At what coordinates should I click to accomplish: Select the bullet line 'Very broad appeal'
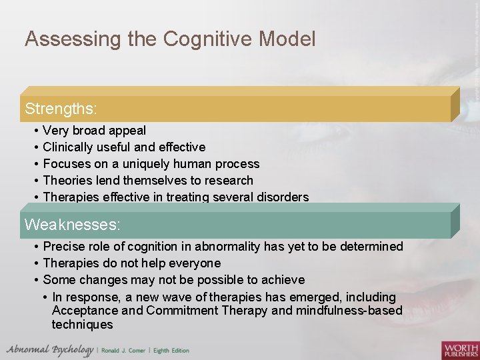tap(94, 131)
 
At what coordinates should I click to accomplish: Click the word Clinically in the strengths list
tap(69, 147)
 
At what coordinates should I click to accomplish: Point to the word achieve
tap(283, 280)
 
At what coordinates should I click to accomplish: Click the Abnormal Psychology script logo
tap(50, 349)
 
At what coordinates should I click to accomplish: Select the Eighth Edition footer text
tap(172, 351)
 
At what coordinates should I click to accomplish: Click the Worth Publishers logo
tap(460, 349)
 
